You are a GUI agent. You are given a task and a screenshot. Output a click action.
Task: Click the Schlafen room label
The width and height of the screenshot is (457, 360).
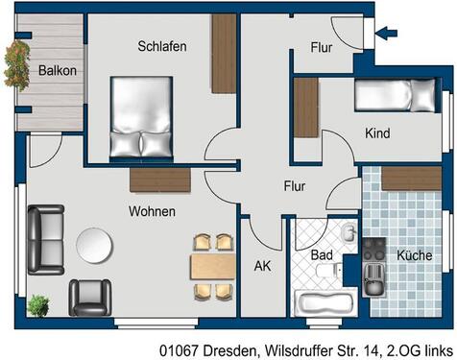pos(161,46)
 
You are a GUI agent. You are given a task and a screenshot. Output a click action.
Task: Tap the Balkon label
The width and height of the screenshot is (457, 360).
pos(57,70)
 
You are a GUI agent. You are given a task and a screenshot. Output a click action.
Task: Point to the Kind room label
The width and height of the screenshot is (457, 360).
pos(377,133)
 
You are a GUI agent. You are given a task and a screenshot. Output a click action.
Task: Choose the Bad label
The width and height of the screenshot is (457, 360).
pos(322,254)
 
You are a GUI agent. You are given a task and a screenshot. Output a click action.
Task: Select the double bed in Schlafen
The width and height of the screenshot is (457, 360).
pos(141,117)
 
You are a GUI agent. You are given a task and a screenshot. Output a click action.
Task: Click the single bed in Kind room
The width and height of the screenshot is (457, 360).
pos(396,96)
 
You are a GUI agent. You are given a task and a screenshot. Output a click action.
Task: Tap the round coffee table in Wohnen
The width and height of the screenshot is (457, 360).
pos(95,243)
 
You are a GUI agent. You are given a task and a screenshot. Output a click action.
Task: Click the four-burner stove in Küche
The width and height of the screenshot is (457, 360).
pos(373,252)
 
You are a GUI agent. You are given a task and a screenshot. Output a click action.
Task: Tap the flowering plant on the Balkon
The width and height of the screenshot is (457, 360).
pos(16,65)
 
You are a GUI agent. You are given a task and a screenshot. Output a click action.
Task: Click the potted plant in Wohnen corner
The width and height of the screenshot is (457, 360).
pos(37,306)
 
